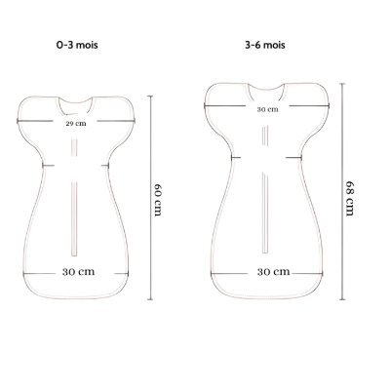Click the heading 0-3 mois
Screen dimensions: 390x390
[x=77, y=45]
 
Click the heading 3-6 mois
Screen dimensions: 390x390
[x=265, y=45]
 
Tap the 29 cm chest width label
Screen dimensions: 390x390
[x=76, y=124]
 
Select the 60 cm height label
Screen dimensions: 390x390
[x=158, y=200]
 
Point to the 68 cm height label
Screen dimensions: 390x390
[x=349, y=198]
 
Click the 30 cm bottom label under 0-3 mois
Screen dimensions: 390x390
[x=78, y=272]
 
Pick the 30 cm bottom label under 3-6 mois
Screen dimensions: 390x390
[x=273, y=272]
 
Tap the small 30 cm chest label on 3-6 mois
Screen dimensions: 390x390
[x=268, y=109]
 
